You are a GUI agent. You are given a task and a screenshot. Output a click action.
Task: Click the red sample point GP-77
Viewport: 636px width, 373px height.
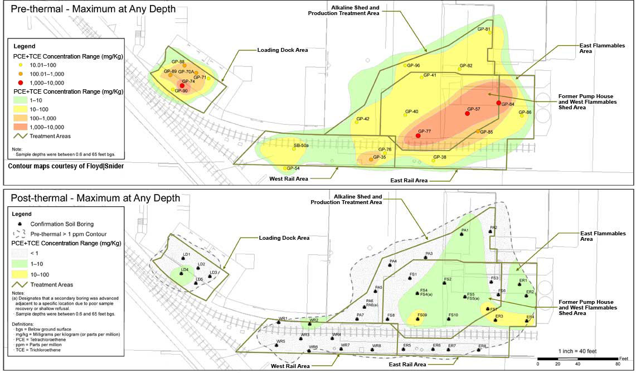click(x=418, y=136)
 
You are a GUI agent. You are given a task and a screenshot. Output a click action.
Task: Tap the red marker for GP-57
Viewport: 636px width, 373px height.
click(x=467, y=114)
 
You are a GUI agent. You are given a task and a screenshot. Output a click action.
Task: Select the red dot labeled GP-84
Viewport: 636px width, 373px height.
click(x=498, y=103)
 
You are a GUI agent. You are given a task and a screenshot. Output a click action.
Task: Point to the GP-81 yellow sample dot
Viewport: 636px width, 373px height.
click(x=490, y=33)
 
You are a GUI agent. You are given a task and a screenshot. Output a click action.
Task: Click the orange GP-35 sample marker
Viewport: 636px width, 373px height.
click(x=371, y=159)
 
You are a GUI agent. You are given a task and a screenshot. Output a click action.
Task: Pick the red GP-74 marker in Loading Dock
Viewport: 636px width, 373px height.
click(x=182, y=85)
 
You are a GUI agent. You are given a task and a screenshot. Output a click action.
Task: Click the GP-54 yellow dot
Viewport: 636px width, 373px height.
click(x=285, y=168)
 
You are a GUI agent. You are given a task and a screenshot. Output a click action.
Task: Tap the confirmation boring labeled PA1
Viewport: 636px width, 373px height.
click(x=462, y=235)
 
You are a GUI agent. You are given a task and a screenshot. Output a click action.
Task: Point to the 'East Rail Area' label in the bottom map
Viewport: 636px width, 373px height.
click(x=407, y=364)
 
